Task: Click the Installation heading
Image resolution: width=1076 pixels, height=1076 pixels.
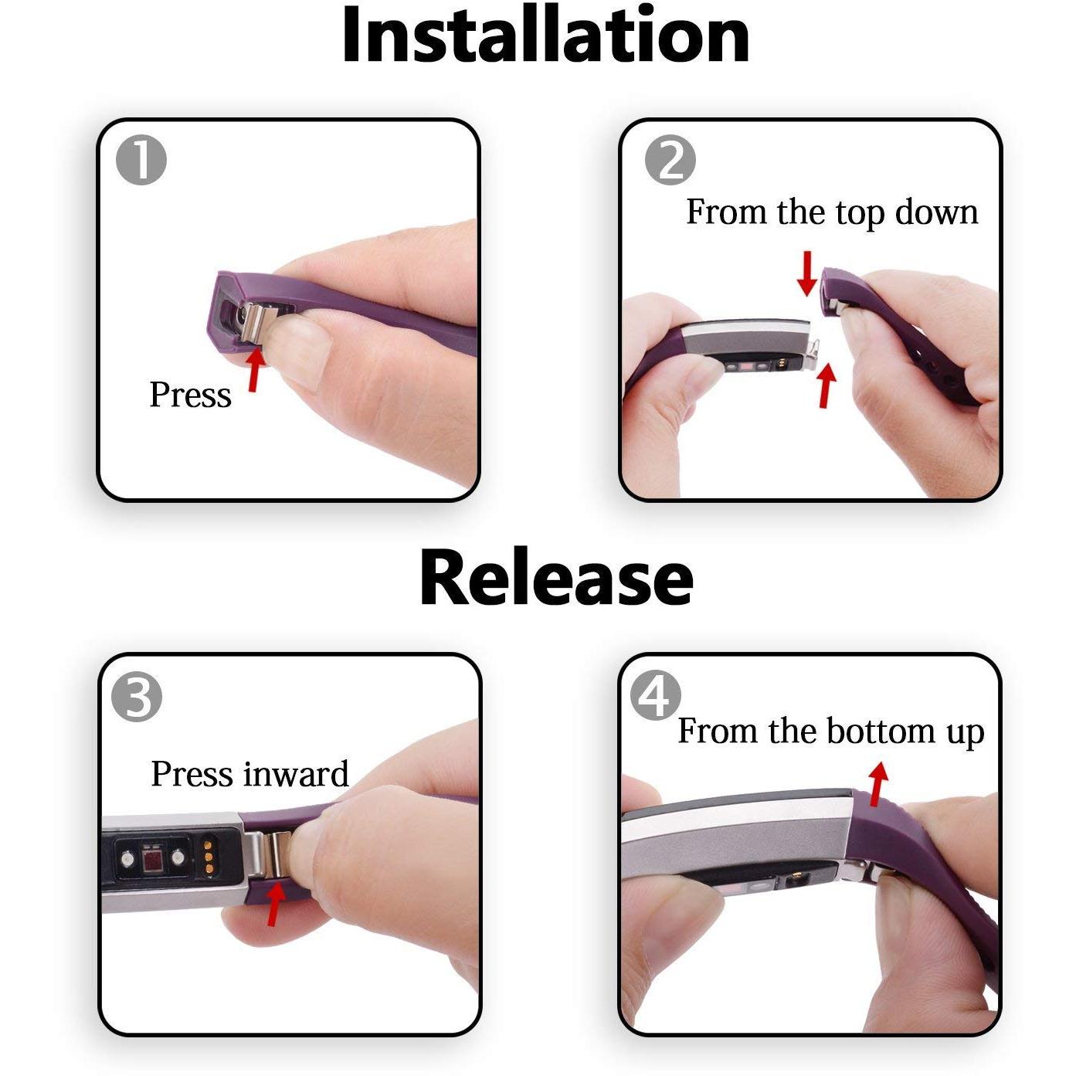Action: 545,36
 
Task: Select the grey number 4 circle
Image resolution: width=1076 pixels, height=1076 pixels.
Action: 656,696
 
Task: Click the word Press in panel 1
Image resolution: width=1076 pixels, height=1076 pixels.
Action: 191,395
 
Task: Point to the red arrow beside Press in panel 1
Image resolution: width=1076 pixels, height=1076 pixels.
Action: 256,368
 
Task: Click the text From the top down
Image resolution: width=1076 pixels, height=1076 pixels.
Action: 832,212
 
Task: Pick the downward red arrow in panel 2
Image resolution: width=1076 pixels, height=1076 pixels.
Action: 806,273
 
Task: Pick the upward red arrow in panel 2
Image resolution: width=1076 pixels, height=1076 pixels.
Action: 826,384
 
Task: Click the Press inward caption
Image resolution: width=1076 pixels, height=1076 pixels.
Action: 249,774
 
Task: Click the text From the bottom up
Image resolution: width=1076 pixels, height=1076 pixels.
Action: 831,731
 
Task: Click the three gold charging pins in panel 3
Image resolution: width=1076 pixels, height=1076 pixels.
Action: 209,857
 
